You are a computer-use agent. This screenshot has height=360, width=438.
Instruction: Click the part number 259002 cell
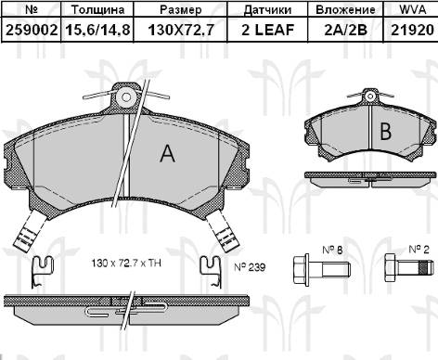pos(31,30)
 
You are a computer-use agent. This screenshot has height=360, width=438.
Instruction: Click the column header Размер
pos(181,10)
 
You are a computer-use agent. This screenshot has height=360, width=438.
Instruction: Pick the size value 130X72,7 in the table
pos(181,30)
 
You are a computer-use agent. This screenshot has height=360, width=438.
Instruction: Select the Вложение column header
pos(346,10)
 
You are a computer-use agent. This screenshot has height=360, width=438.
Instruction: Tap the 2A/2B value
pos(346,30)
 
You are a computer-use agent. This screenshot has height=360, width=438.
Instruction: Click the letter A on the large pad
pos(167,154)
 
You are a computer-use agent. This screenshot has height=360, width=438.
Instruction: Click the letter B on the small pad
pos(385,131)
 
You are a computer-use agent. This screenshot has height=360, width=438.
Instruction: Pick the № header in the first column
pos(31,10)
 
